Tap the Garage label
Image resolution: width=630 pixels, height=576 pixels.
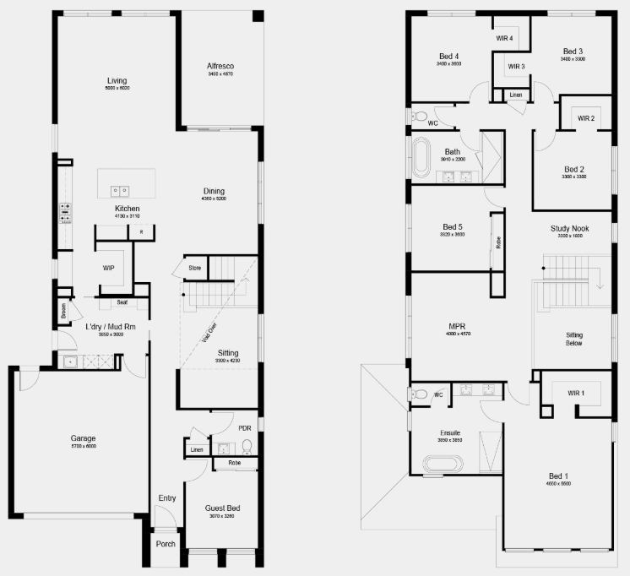pos(83,438)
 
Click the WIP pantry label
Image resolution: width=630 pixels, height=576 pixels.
pos(108,268)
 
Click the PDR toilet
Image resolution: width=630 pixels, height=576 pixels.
pos(247,446)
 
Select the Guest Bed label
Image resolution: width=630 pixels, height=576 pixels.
pos(223,508)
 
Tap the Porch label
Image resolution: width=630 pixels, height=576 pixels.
pos(166,543)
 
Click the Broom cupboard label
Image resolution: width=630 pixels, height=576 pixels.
pos(63,312)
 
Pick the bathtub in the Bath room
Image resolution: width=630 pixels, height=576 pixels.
pos(422,158)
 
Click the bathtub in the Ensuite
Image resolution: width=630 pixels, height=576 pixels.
pos(443,463)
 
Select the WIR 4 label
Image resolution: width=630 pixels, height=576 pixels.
pos(504,38)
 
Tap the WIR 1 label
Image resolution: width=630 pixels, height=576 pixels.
pos(576,394)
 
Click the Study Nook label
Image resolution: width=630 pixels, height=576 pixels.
pos(569,228)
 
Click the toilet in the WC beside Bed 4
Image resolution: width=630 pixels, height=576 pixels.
pos(420,116)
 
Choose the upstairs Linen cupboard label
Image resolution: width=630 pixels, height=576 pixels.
pos(515,95)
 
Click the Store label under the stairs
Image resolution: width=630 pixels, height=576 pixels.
pos(194,269)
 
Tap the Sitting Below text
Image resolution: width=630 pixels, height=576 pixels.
pos(574,340)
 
